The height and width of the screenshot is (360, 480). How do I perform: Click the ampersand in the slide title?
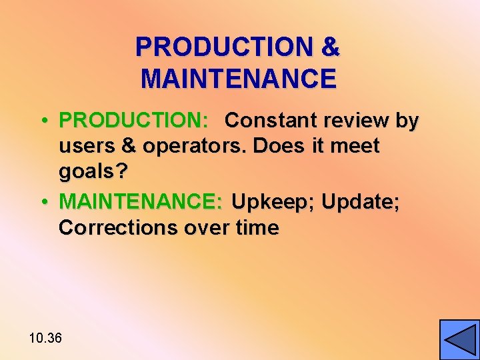330,47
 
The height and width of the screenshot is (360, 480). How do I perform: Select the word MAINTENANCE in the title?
239,79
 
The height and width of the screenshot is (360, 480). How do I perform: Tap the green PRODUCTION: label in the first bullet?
134,121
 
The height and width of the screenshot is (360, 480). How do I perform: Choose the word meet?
357,147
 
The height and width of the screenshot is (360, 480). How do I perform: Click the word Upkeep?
273,201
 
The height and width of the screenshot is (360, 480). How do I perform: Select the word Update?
361,201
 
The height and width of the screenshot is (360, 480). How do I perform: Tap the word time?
257,227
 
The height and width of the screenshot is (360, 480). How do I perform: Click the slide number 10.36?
45,338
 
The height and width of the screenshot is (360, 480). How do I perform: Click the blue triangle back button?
459,339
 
